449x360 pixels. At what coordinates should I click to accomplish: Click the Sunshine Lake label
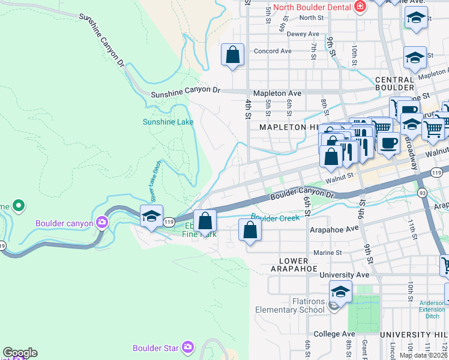[x=168, y=122]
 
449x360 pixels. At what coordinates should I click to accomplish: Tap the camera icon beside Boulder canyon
[x=102, y=223]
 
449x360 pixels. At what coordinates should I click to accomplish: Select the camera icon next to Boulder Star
[x=188, y=347]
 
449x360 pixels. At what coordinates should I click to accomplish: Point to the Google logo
[x=20, y=353]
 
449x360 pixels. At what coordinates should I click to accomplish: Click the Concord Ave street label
[x=273, y=51]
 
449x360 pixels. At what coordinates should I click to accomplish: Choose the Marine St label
[x=326, y=253]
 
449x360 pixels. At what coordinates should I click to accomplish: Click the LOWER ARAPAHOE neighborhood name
[x=294, y=265]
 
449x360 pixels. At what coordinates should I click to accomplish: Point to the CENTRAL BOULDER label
[x=394, y=84]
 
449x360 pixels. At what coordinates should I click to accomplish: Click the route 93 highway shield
[x=423, y=193]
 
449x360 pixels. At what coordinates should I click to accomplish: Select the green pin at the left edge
[x=19, y=206]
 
